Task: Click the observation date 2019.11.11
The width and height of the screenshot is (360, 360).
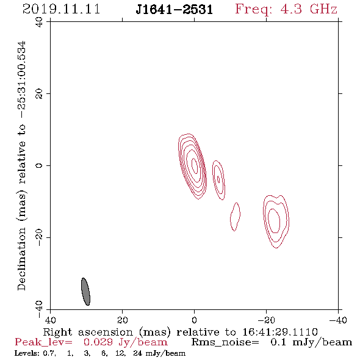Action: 61,9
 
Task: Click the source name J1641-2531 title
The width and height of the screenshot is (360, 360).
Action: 175,10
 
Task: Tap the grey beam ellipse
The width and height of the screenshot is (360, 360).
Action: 85,292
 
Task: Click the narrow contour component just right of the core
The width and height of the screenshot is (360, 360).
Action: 218,180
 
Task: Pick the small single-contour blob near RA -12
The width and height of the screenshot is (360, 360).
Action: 235,217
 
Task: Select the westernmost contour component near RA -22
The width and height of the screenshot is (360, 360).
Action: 276,221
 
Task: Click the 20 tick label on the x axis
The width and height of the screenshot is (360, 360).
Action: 123,320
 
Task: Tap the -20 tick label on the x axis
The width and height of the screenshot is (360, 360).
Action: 266,320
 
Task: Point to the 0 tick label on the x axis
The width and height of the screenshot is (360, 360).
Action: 195,320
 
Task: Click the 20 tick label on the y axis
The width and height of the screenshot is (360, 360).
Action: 39,94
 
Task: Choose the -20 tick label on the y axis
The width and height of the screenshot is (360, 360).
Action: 39,237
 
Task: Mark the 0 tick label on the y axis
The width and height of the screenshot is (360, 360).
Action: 39,165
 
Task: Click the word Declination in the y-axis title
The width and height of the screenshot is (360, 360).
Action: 21,259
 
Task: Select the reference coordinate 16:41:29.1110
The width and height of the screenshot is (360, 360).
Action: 280,332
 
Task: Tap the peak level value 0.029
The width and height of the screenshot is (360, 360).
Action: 98,342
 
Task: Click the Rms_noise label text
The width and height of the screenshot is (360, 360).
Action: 225,342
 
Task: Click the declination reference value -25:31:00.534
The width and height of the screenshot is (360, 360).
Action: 21,80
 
